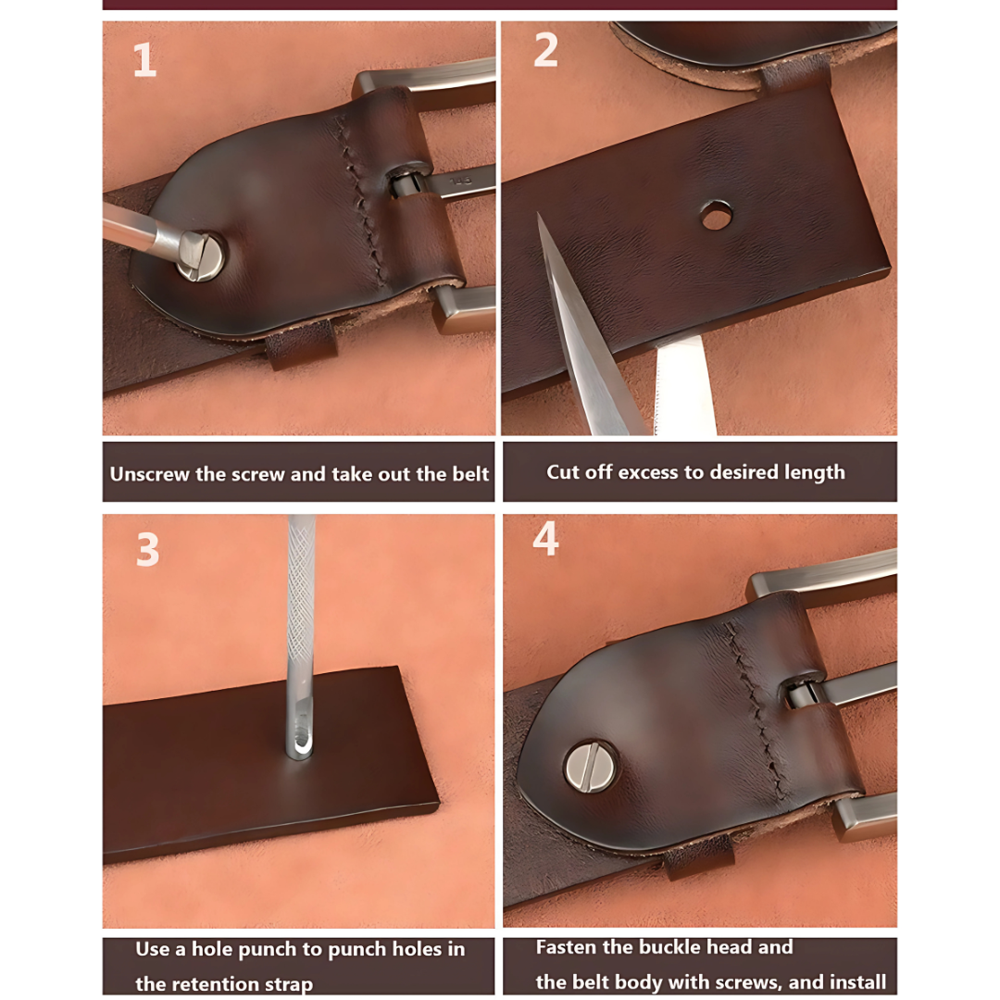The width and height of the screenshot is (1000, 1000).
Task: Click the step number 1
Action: point(144,60)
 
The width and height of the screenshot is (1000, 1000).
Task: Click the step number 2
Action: point(546,50)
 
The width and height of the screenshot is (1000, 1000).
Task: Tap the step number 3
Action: point(147,550)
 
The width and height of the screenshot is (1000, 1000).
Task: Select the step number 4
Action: point(546,540)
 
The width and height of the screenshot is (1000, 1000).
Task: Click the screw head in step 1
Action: point(203,256)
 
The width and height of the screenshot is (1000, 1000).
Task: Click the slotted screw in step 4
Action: point(591,766)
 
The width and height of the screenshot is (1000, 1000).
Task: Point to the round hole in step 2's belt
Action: point(716,215)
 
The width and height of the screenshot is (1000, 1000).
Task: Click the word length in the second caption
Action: point(815,472)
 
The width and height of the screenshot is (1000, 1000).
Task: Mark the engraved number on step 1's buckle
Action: point(460,181)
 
